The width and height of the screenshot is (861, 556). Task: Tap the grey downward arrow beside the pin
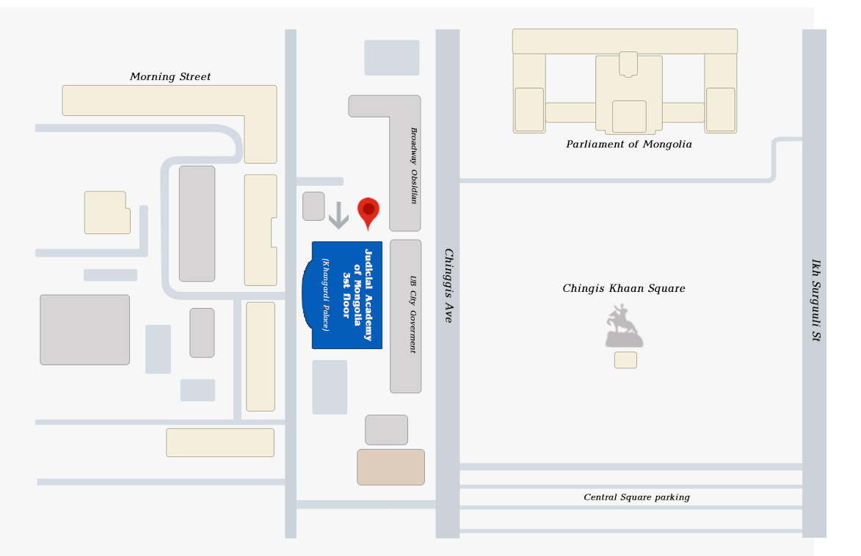(339, 215)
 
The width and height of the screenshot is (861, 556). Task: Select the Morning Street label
(170, 77)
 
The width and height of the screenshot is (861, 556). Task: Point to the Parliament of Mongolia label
(629, 145)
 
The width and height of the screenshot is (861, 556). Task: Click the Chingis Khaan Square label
(624, 289)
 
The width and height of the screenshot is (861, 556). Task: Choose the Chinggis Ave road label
(448, 285)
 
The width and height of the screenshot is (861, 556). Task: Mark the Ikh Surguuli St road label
(816, 300)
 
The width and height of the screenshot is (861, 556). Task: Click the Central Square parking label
(636, 497)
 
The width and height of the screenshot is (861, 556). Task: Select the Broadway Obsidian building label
(414, 166)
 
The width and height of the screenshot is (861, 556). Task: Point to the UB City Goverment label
(413, 314)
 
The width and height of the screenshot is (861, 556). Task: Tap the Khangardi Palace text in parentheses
(326, 295)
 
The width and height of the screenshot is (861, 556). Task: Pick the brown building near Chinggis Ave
(391, 467)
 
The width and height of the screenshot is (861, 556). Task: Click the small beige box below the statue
(625, 360)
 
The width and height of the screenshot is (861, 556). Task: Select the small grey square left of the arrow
(313, 206)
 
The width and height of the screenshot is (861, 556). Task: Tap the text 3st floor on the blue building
(346, 295)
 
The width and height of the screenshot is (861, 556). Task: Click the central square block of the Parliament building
(629, 117)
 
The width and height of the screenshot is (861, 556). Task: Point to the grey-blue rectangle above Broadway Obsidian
(392, 58)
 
